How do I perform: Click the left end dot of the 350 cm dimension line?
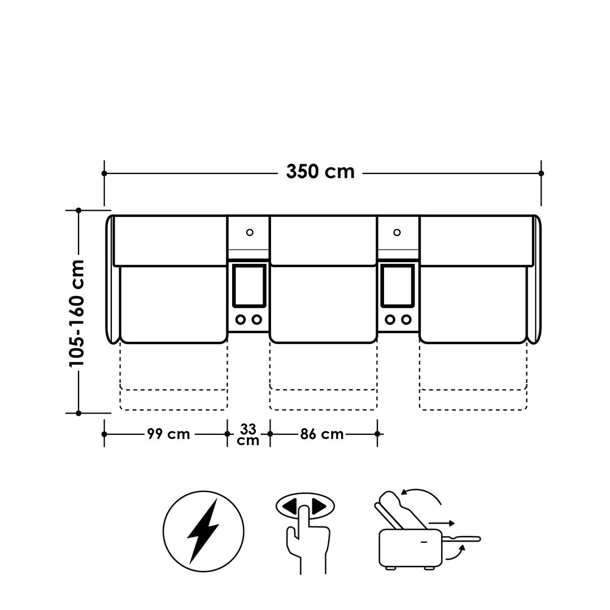click(104, 173)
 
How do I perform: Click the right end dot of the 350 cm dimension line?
click(541, 173)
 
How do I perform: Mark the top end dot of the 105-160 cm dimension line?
click(79, 210)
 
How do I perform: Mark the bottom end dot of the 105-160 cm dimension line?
click(79, 413)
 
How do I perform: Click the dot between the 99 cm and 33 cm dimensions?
click(227, 434)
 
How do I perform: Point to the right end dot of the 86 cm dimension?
click(377, 434)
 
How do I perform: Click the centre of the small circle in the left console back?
click(250, 233)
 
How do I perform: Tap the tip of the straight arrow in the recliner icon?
click(454, 523)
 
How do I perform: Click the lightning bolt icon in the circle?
click(203, 531)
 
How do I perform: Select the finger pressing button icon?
click(306, 532)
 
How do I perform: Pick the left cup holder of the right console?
click(390, 320)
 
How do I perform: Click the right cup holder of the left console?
click(257, 320)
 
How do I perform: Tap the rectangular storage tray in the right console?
click(398, 286)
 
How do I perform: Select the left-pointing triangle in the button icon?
click(289, 506)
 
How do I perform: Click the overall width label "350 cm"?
click(321, 172)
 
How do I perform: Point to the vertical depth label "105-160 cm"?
click(77, 313)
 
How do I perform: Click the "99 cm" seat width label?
click(168, 434)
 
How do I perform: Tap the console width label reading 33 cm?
click(248, 434)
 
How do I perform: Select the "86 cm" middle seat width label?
click(322, 434)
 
